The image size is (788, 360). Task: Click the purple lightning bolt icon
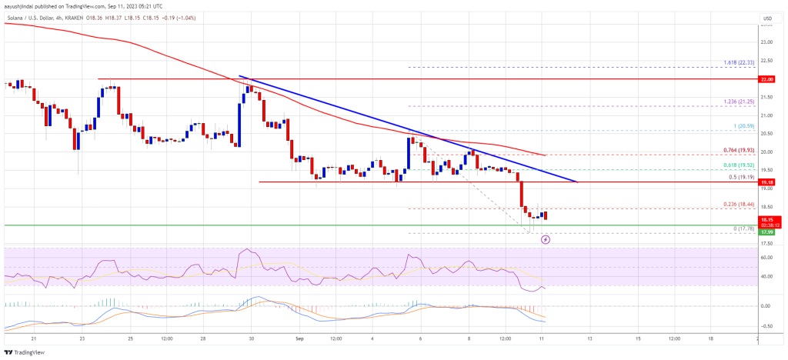point(546,239)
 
